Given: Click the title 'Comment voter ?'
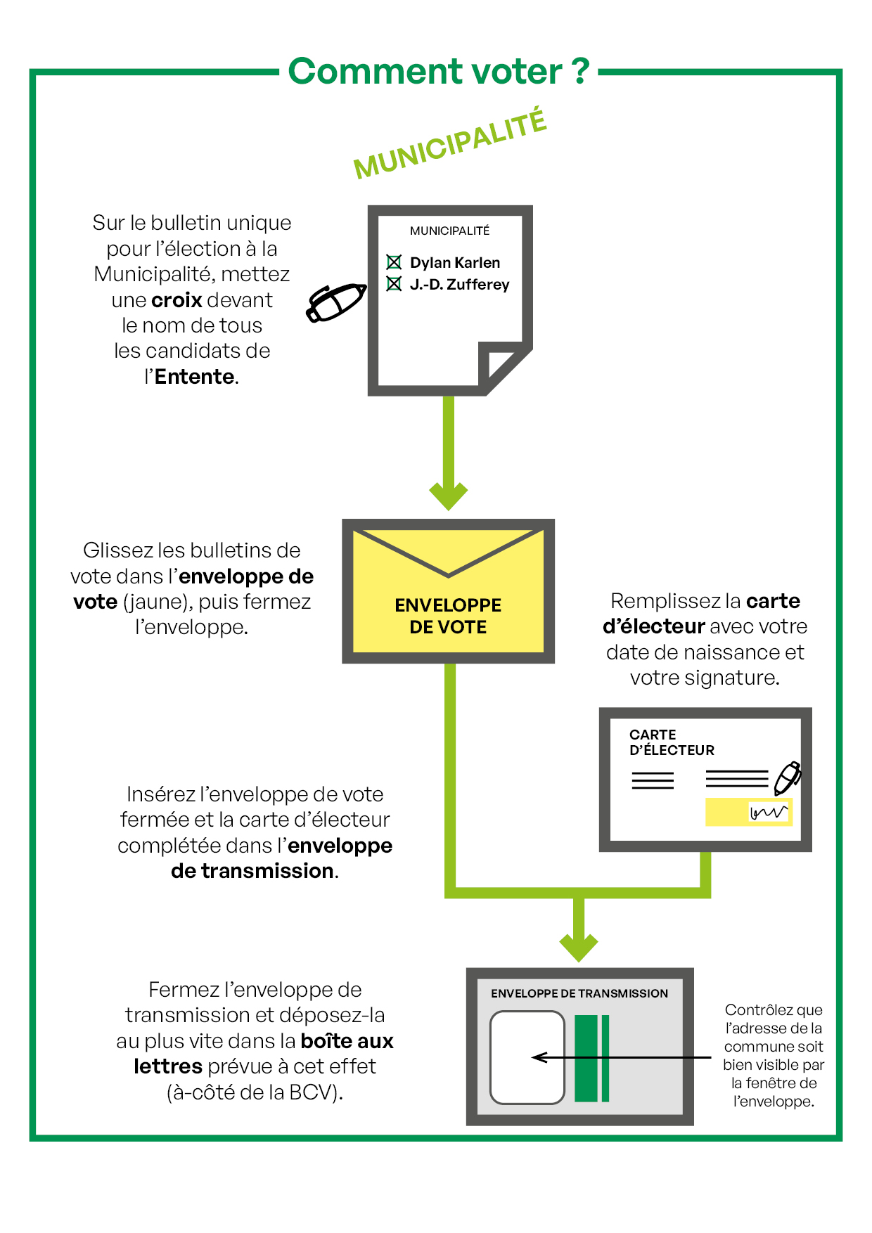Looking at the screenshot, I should click(439, 71).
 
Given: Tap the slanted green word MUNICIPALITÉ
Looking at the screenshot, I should click(450, 144).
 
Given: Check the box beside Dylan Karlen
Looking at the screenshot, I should click(394, 262).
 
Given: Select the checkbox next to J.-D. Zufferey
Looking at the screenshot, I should click(394, 284).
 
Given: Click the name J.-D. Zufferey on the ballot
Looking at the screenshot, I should click(459, 285).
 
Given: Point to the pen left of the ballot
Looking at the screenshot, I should click(336, 302).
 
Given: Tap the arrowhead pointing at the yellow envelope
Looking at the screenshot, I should click(449, 496).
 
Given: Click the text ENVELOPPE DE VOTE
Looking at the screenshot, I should click(448, 616).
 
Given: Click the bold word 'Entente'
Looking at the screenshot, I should click(194, 377).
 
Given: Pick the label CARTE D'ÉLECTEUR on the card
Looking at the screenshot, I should click(671, 742).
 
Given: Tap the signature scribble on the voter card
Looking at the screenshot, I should click(768, 813).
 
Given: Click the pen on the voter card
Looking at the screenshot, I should click(788, 777).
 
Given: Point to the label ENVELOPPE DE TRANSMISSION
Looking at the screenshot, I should click(579, 993).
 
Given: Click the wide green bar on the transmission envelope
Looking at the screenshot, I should click(586, 1058).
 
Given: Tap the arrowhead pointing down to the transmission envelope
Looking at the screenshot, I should click(579, 948).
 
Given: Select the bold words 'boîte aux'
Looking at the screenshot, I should click(347, 1041).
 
